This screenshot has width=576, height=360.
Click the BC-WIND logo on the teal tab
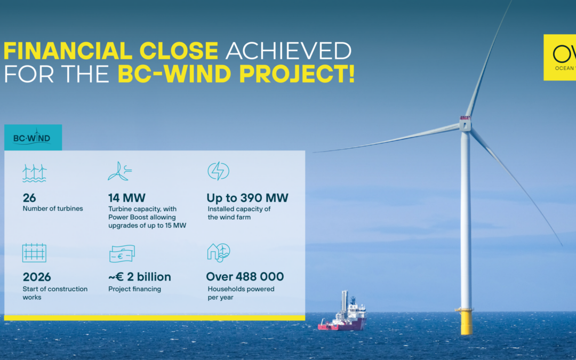[x=33, y=138]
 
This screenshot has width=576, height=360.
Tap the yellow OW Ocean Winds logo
[x=560, y=57]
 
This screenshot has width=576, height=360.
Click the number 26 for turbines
[x=29, y=198]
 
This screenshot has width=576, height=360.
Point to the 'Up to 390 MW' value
[x=247, y=198]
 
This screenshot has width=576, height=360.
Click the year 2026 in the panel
[x=37, y=277]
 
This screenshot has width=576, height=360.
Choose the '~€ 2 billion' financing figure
[x=140, y=277]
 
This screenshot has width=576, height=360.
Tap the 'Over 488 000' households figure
[x=245, y=277]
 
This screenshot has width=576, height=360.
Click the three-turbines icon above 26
[x=34, y=173]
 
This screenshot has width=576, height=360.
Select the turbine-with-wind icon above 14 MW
[x=120, y=171]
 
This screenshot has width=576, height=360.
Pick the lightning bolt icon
[x=218, y=171]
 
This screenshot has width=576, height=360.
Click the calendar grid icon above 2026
[x=34, y=253]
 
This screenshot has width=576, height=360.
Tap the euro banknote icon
[x=122, y=253]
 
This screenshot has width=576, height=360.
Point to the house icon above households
[x=218, y=252]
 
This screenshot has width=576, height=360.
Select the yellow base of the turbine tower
[x=466, y=322]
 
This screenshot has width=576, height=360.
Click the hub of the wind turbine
[x=465, y=124]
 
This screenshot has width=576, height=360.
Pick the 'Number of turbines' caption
[x=53, y=209]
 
